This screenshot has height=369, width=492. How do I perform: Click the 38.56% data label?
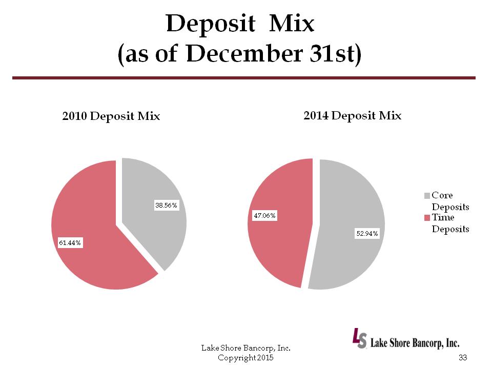point(166,206)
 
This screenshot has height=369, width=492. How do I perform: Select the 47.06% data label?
point(265,216)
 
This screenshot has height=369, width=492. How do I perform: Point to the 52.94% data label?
point(367,234)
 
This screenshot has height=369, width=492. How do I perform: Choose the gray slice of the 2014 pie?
point(348,205)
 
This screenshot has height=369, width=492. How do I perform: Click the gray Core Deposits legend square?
point(427,195)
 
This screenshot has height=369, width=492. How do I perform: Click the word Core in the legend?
point(442,195)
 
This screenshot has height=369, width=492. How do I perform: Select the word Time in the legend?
point(443,218)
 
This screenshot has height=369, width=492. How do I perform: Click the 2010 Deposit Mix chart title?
point(111,116)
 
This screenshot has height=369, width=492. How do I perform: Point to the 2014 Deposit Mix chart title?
point(353,115)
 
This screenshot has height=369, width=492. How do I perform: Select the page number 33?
point(465,357)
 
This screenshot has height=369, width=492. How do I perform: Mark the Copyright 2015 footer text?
point(246,357)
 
